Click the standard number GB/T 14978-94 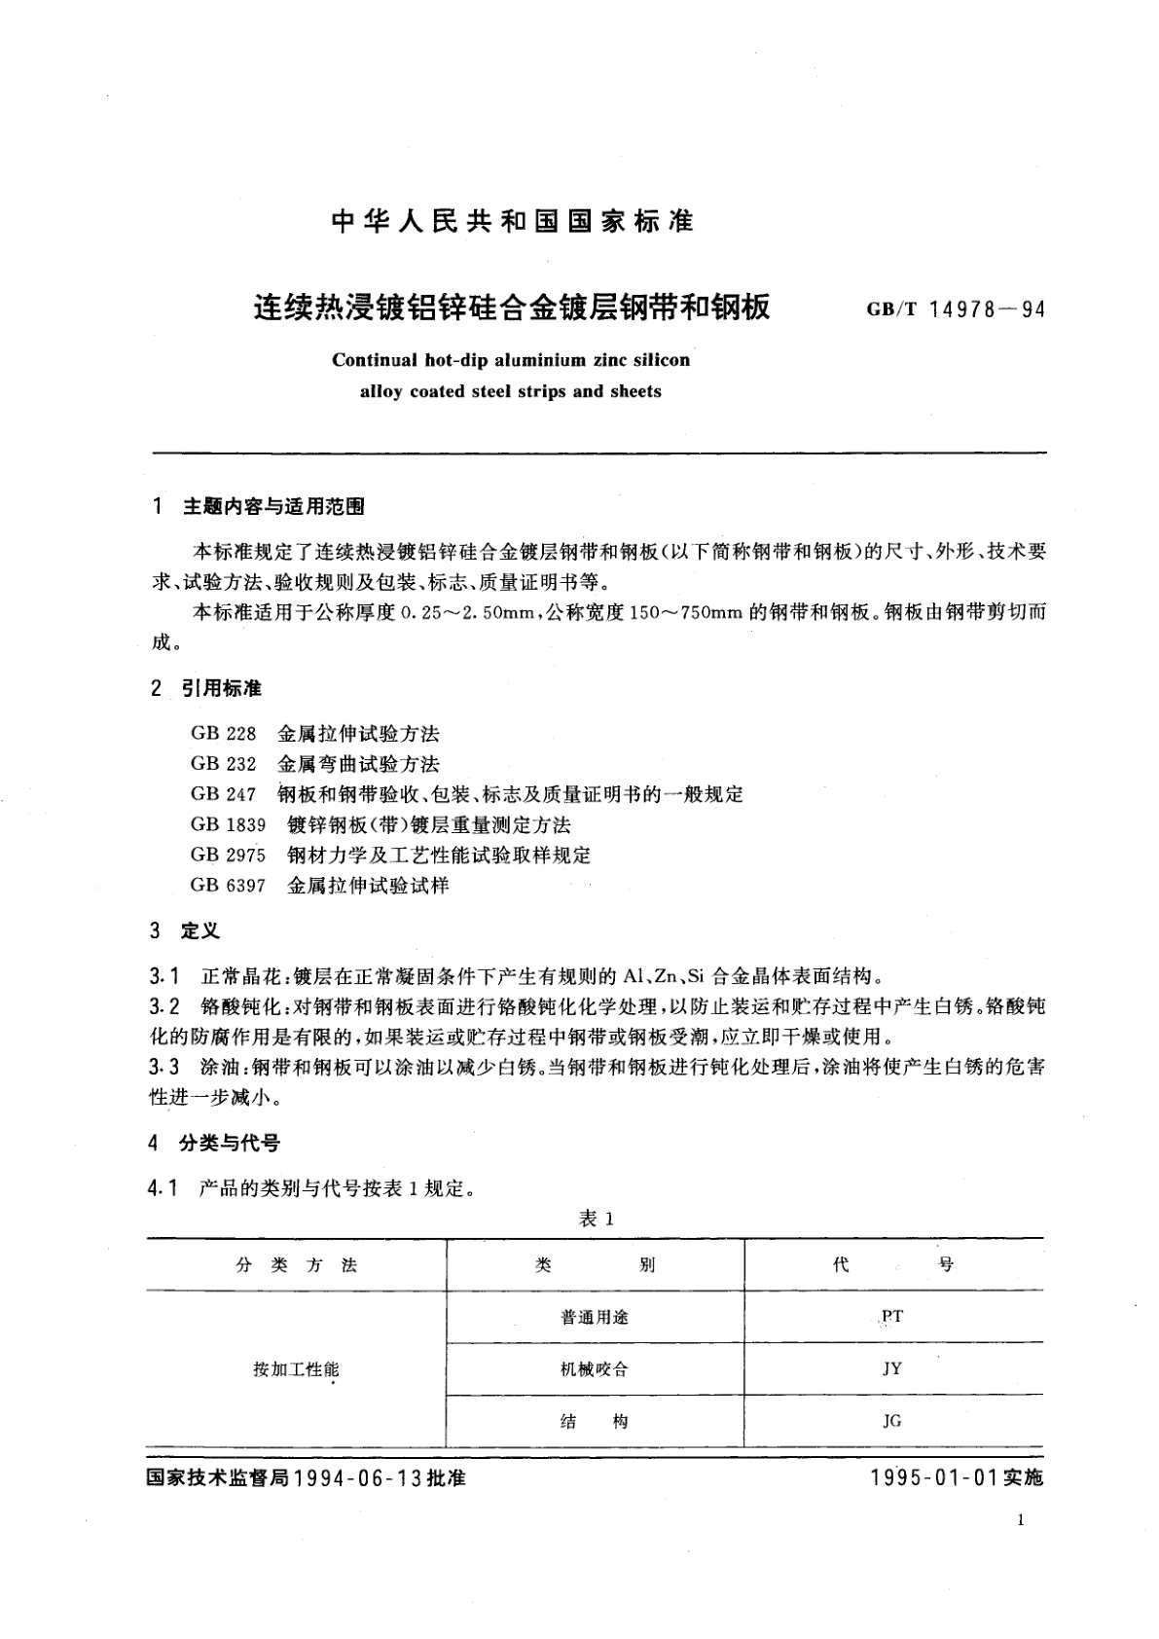click(955, 310)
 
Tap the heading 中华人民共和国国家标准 click(512, 222)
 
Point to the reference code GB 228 click(223, 733)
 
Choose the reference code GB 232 click(223, 763)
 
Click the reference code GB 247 click(223, 794)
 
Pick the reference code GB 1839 click(228, 825)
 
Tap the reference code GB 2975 click(228, 856)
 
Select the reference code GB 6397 click(228, 886)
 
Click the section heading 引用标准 click(222, 688)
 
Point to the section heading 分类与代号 click(230, 1143)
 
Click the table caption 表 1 click(597, 1219)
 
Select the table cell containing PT click(891, 1316)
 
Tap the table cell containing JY click(891, 1368)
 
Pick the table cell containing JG click(891, 1421)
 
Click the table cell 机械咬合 click(595, 1369)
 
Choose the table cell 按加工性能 click(296, 1369)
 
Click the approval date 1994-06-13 click(356, 1477)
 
